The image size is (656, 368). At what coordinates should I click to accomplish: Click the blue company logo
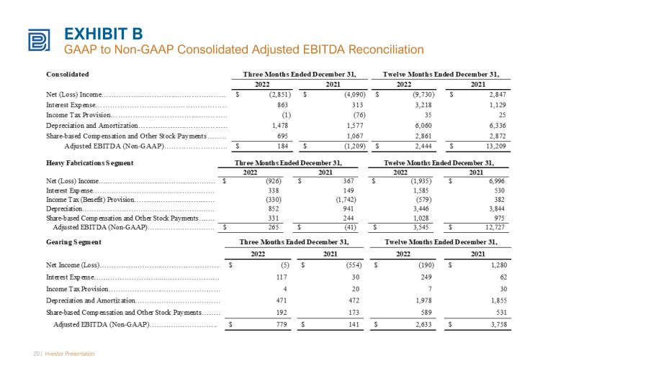coord(40,40)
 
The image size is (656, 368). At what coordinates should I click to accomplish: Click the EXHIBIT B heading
coord(104,34)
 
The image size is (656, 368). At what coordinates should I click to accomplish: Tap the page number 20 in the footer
coord(37,354)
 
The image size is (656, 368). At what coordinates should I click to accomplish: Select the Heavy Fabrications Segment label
coord(89,163)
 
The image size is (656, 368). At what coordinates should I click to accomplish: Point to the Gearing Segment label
coord(73,242)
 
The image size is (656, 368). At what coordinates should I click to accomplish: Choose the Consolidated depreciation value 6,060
coord(423,125)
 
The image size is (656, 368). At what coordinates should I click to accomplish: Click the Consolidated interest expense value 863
coord(282,105)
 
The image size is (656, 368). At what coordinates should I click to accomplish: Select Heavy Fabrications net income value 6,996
coord(497,181)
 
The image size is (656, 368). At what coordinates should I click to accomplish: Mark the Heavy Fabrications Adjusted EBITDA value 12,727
coord(495,227)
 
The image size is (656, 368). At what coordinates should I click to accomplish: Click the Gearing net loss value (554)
coord(354,264)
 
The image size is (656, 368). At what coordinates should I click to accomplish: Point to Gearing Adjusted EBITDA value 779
coord(282,325)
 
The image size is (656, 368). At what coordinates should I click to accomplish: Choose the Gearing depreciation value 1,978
coord(423,300)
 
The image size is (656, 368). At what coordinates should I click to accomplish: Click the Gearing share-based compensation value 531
coord(502,313)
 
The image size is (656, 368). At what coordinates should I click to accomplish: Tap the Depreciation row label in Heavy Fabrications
coord(64,209)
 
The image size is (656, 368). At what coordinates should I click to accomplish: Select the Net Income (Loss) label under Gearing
coord(73,265)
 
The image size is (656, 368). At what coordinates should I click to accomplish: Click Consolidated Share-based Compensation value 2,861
coord(423,136)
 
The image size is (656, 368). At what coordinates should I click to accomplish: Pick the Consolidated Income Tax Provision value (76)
coord(359,115)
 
